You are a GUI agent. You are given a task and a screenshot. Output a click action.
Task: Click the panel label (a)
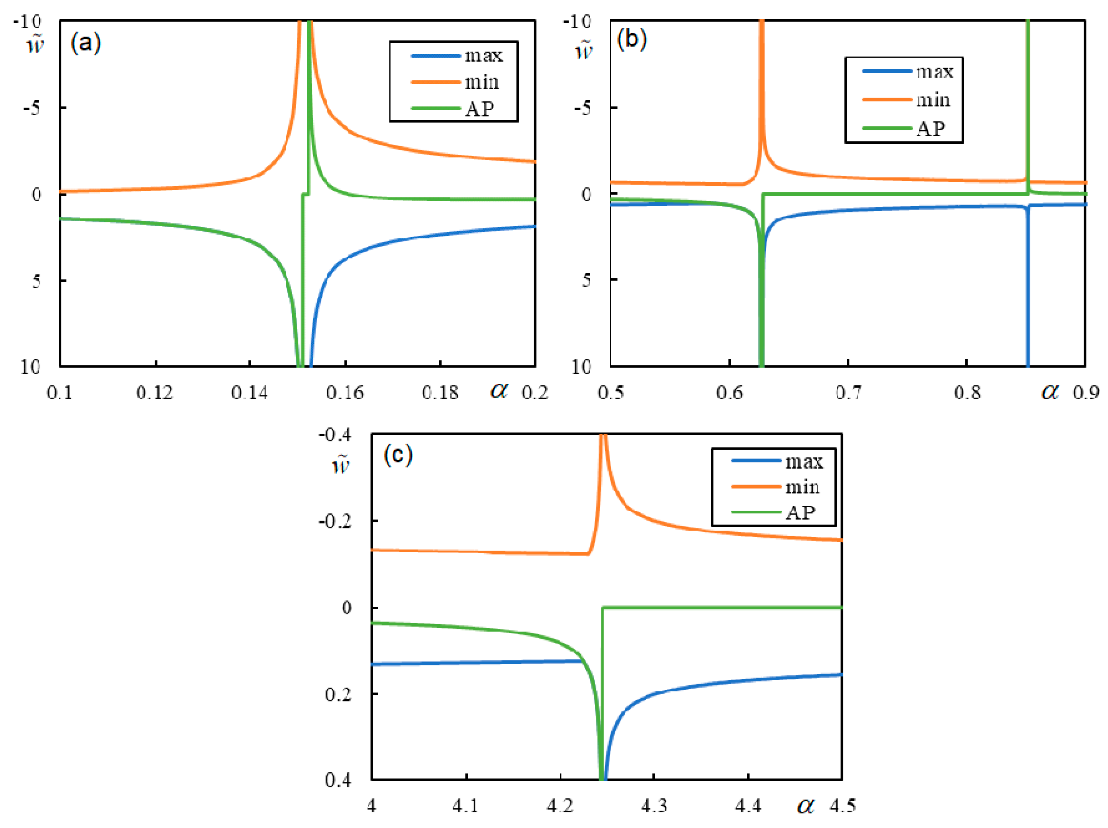click(86, 43)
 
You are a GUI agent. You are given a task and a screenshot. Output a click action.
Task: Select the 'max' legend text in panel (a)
click(483, 55)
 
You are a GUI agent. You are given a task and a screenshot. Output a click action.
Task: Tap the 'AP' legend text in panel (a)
click(479, 109)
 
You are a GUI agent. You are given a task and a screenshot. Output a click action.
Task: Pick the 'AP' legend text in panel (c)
click(800, 512)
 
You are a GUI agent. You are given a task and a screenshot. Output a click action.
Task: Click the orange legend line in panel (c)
click(757, 486)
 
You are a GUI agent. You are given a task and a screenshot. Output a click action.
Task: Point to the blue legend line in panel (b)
click(887, 71)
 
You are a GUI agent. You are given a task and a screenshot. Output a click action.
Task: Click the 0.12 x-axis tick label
click(155, 392)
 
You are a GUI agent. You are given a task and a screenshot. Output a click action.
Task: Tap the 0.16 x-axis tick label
click(344, 392)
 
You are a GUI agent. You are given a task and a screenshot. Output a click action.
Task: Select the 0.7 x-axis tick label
click(849, 392)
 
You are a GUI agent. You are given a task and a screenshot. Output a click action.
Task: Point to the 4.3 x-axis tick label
click(654, 805)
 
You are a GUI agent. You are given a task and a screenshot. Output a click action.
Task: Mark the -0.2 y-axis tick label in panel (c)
click(336, 521)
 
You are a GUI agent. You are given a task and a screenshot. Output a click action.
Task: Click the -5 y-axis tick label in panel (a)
click(32, 108)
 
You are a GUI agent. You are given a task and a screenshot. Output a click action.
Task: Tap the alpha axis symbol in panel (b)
click(1050, 391)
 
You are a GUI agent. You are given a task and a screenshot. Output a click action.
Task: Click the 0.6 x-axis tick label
click(729, 392)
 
